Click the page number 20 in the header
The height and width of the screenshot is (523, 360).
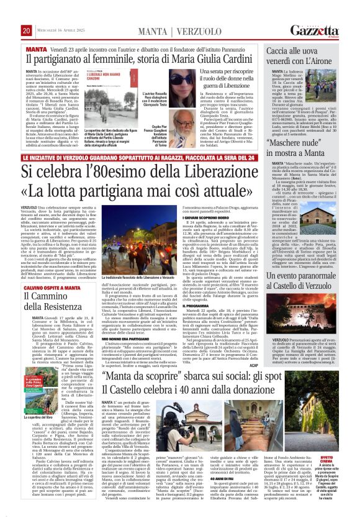(25, 13)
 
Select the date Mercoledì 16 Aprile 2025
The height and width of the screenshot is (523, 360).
(61, 14)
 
